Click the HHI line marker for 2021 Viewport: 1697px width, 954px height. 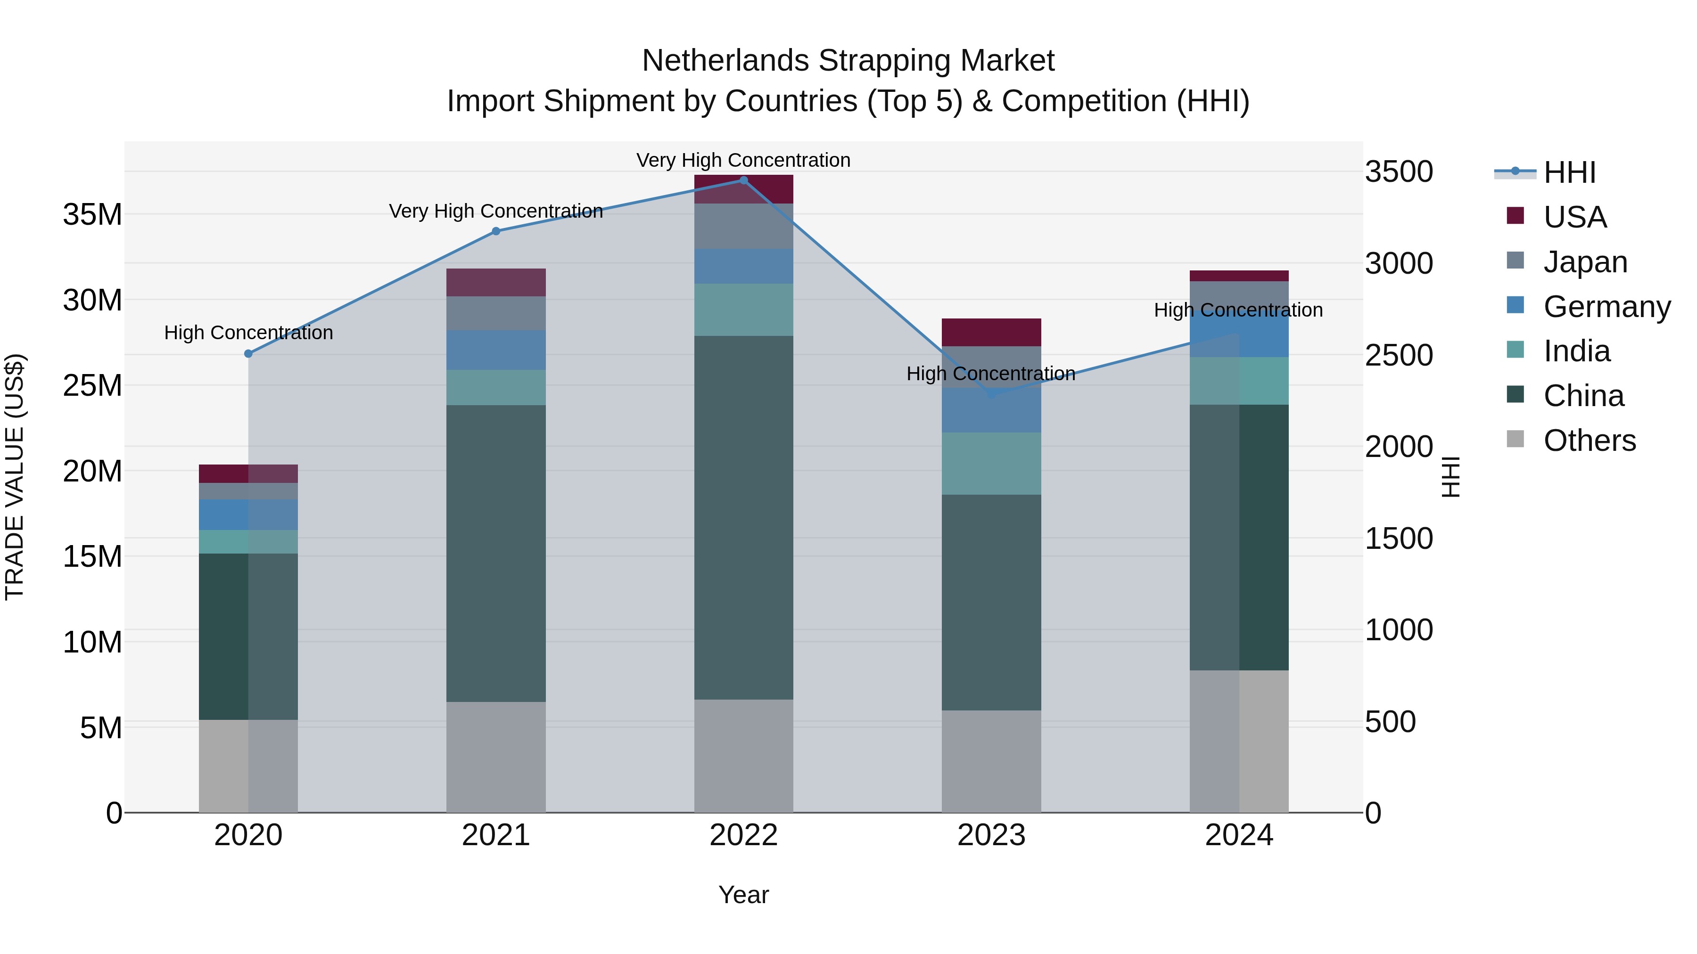[496, 231]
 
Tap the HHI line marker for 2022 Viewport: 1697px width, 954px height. [744, 180]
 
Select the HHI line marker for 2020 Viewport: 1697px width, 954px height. [248, 353]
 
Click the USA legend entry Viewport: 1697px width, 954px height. [1574, 217]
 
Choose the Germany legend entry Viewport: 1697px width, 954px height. [1606, 307]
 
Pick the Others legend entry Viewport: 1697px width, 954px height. [1589, 440]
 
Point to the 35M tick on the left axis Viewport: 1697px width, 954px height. [92, 215]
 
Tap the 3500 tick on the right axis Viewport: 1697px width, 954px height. [1399, 172]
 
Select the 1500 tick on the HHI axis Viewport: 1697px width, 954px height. [1399, 538]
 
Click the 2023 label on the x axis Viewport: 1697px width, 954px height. [991, 835]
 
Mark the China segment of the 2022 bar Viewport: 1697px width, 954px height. [744, 517]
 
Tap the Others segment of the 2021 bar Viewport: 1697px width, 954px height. [496, 757]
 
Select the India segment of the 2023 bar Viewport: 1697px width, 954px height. [991, 464]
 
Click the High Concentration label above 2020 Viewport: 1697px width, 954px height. [248, 333]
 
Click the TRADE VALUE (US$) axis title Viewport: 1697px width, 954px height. [15, 477]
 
